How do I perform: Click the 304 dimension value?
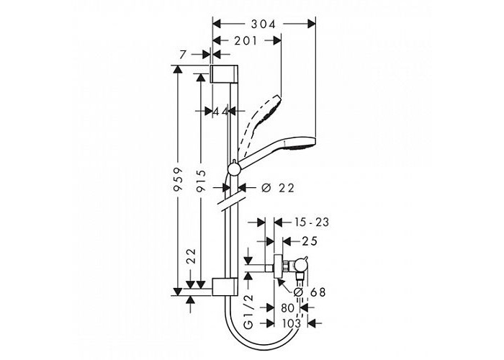[x=264, y=24]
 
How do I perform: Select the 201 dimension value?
[x=246, y=41]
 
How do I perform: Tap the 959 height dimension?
[x=178, y=179]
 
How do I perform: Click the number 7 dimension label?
[x=183, y=55]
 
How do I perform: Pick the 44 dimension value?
[x=220, y=112]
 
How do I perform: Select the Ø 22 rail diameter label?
[x=278, y=188]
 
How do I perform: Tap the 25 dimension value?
[x=309, y=241]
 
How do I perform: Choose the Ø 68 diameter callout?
[x=310, y=292]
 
